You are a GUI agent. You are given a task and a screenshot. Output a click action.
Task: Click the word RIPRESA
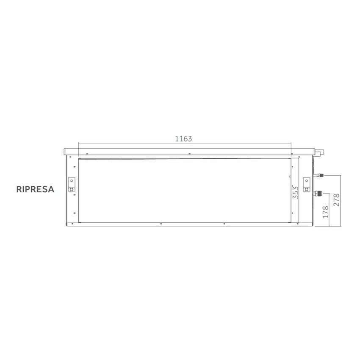tap(36, 189)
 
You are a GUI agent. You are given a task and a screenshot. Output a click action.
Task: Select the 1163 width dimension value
tap(184, 138)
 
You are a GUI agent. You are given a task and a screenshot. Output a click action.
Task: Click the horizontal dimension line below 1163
tap(185, 144)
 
